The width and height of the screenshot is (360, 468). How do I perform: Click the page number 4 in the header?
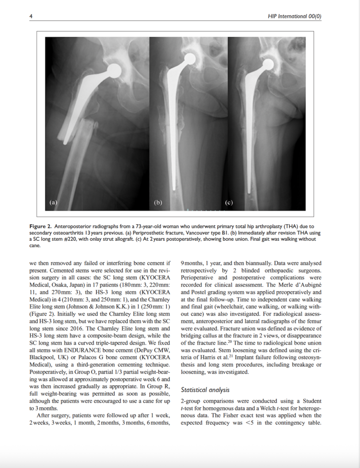31,16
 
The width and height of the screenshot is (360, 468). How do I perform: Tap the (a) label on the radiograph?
53,201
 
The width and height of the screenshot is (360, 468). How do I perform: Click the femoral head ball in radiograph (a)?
113,70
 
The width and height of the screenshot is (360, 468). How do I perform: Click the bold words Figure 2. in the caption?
41,227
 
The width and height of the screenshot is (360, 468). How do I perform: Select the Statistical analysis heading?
206,390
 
